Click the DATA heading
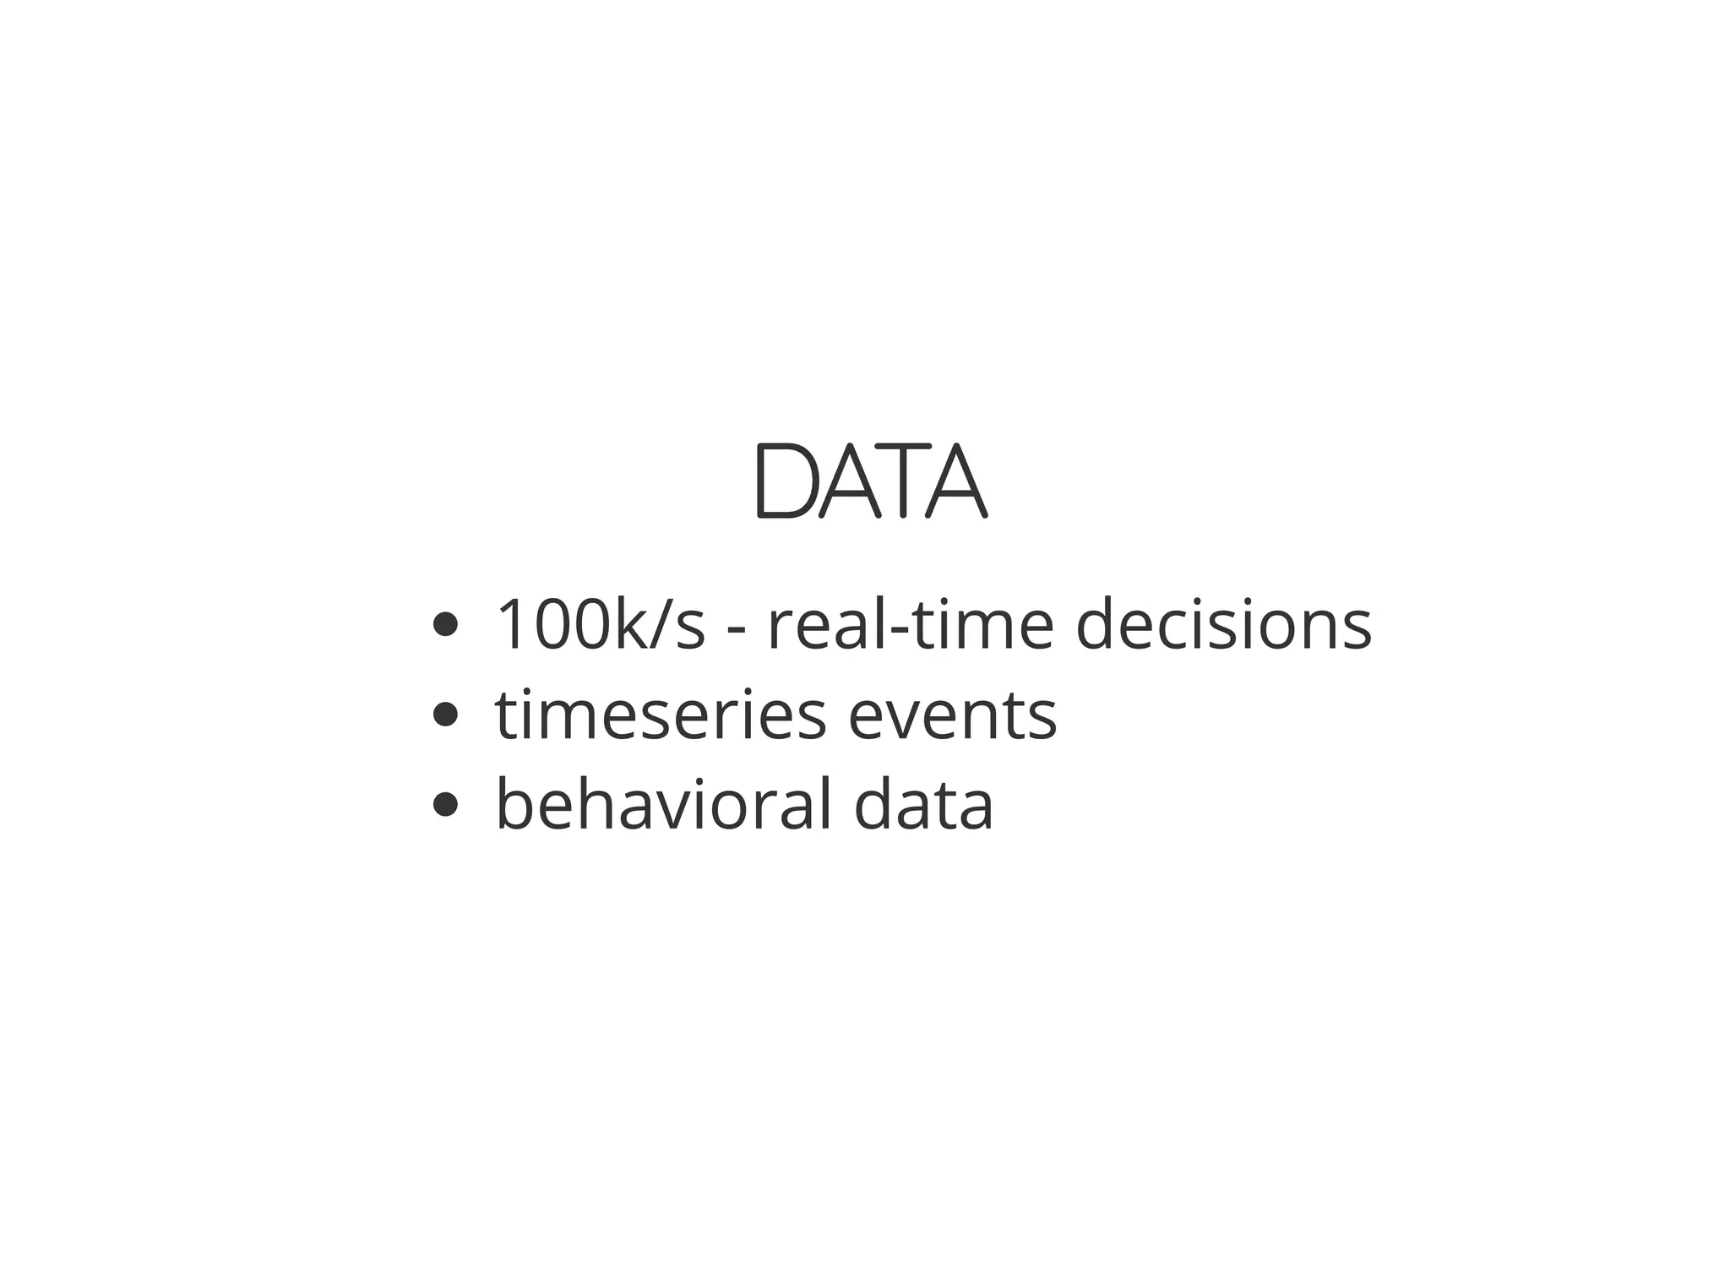click(869, 481)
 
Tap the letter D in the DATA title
click(783, 481)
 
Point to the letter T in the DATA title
click(902, 481)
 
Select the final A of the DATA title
click(956, 481)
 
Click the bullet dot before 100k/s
click(444, 626)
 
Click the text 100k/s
click(600, 625)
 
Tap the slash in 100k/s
click(657, 625)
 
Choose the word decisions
click(1223, 625)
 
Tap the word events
click(952, 717)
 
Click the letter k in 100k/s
click(628, 625)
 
